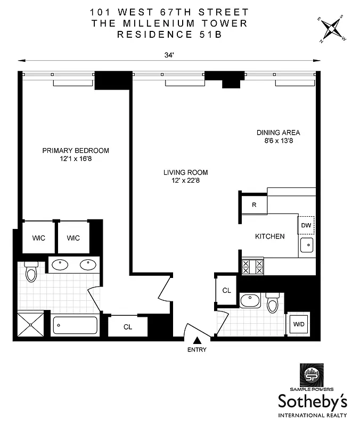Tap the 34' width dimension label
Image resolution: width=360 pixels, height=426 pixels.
tap(170, 53)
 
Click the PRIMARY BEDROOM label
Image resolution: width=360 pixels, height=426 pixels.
tap(76, 150)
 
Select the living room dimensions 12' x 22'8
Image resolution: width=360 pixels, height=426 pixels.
tap(185, 181)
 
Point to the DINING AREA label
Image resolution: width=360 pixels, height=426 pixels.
tap(278, 133)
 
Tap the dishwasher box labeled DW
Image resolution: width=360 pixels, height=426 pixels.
tap(306, 225)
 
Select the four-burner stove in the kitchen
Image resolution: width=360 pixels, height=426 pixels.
tap(253, 266)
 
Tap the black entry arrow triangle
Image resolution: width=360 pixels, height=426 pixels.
tap(197, 340)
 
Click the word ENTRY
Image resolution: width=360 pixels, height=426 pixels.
tap(197, 350)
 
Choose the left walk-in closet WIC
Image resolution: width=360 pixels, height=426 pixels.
tap(38, 237)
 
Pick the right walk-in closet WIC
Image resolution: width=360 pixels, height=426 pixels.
tap(73, 237)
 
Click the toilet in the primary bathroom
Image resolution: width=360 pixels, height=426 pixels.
tap(31, 271)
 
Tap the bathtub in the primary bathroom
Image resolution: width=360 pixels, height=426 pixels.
tap(75, 324)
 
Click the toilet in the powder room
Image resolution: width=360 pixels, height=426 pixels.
tap(272, 303)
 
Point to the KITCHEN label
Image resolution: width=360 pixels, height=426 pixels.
tap(269, 236)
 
